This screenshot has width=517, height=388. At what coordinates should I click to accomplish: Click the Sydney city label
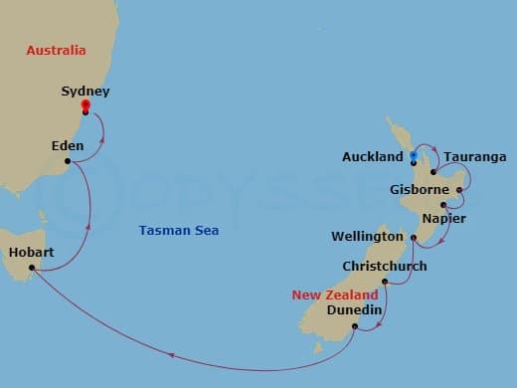tap(85, 91)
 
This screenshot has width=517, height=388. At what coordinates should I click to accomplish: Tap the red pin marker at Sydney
tap(85, 105)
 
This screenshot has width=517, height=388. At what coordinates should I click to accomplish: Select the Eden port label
tap(67, 146)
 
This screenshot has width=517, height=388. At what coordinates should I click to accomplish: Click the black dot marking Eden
tap(67, 161)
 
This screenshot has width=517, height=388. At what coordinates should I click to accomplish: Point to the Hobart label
tap(31, 252)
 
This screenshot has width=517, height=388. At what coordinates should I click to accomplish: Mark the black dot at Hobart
tap(32, 268)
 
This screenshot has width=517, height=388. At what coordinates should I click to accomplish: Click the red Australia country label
tap(56, 50)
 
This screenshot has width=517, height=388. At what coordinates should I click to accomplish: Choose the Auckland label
tap(372, 157)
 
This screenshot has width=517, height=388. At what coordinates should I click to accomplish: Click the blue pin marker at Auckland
tap(413, 155)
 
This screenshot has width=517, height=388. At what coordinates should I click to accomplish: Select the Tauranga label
tap(474, 157)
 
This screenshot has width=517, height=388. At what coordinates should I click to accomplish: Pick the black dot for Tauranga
tap(432, 172)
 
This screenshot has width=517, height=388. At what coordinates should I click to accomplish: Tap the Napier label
tap(444, 218)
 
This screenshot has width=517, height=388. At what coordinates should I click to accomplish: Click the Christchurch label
tap(384, 267)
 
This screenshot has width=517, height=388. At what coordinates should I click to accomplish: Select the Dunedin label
tap(354, 310)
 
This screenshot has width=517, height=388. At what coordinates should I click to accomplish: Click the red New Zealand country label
tap(334, 295)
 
